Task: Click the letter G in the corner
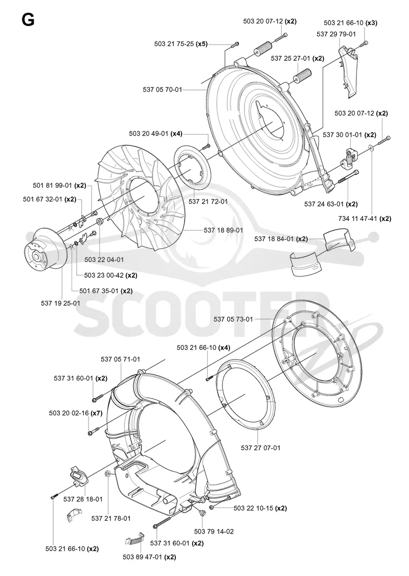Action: click(x=28, y=19)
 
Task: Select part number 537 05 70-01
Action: click(x=162, y=90)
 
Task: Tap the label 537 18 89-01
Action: click(x=223, y=230)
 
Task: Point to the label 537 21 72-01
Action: click(x=208, y=202)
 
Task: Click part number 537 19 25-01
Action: click(x=60, y=303)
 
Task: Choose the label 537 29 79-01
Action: click(x=336, y=34)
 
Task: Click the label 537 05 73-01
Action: click(x=234, y=319)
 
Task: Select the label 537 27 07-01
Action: click(x=261, y=448)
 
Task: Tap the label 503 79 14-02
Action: click(x=214, y=531)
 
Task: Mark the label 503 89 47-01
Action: click(x=143, y=557)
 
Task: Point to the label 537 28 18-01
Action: click(x=83, y=499)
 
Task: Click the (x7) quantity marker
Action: click(x=97, y=413)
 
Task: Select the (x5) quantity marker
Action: click(x=201, y=44)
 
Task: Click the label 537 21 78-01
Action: click(x=111, y=518)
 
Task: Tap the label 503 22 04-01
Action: click(x=104, y=259)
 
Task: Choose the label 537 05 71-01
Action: click(x=121, y=359)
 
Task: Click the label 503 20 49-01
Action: click(x=149, y=134)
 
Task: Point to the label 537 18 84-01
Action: click(x=274, y=239)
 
